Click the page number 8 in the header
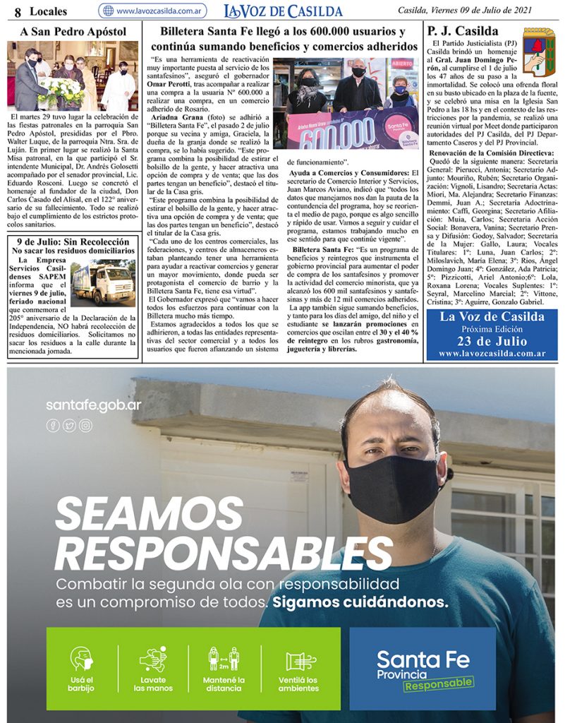point(18,11)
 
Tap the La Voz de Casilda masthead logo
point(283,11)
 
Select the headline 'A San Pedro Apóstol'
point(73,32)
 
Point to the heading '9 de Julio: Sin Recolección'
point(73,242)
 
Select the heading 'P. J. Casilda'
point(463,31)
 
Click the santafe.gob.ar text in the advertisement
point(94,405)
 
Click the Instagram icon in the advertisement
point(85,426)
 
